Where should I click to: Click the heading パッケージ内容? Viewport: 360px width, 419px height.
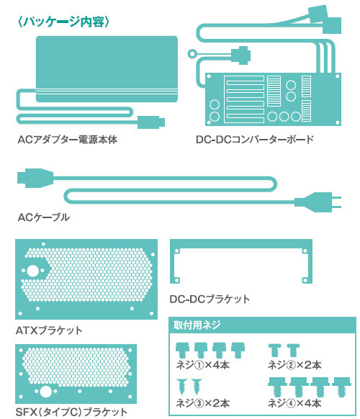(63, 22)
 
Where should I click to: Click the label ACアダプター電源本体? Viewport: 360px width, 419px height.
(68, 140)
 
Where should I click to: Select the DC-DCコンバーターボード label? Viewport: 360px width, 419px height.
(255, 139)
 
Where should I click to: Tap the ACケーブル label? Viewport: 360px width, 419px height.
(44, 217)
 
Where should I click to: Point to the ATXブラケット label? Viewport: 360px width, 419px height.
(49, 330)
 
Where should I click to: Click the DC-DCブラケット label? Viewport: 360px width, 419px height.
(210, 299)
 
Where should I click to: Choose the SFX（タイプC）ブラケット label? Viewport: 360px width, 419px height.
(71, 412)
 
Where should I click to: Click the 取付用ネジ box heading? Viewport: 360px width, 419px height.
(197, 325)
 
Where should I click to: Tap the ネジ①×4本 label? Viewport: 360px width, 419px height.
(203, 365)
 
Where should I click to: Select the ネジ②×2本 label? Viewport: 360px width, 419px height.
(294, 365)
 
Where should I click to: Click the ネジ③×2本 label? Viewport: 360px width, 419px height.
(203, 403)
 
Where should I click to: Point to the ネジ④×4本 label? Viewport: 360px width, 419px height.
(294, 403)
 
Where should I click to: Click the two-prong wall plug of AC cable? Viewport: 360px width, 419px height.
(318, 202)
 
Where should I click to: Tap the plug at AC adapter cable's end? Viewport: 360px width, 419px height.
(151, 122)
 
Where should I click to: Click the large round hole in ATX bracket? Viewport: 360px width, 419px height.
(33, 271)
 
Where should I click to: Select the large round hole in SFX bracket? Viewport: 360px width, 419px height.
(45, 392)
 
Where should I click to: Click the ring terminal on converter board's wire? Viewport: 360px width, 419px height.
(192, 53)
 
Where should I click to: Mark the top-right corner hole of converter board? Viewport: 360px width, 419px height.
(337, 76)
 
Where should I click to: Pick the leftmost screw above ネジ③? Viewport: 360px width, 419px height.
(183, 387)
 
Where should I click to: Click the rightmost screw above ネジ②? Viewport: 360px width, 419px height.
(293, 350)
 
